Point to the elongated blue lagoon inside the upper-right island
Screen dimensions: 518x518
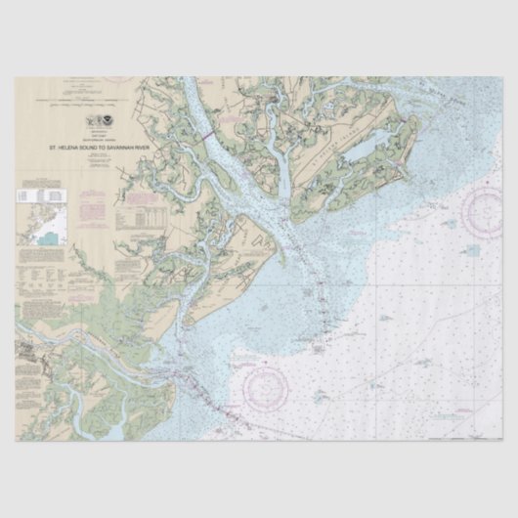tap(365, 148)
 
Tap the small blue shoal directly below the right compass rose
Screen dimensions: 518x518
tap(473, 251)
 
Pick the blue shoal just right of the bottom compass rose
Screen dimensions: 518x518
tap(320, 396)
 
